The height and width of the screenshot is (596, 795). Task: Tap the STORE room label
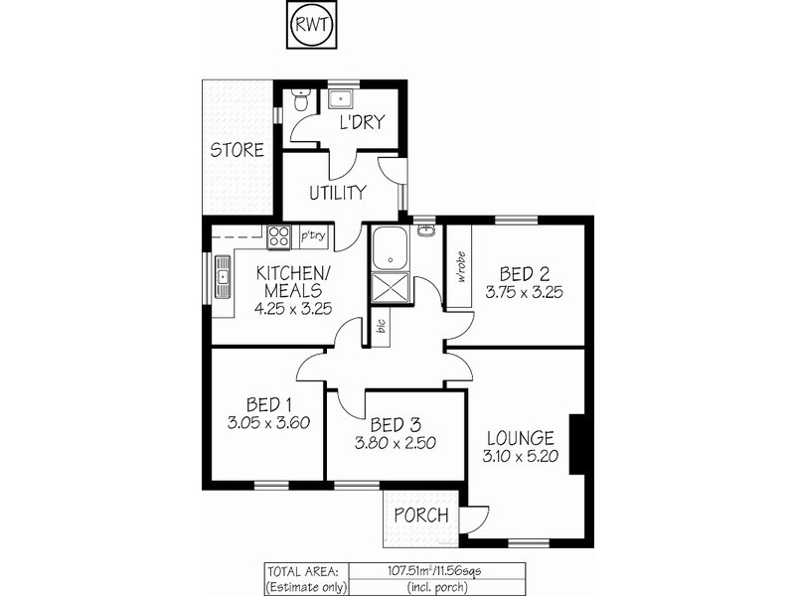[237, 151]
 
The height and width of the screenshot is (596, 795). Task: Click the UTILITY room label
[337, 192]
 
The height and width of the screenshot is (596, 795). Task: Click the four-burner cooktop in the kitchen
[277, 236]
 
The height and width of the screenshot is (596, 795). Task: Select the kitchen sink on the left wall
[223, 279]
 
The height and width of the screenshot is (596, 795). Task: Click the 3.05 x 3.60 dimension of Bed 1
[268, 422]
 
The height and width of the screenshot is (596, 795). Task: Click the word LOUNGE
[520, 438]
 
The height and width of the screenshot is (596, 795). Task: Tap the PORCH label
[421, 516]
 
